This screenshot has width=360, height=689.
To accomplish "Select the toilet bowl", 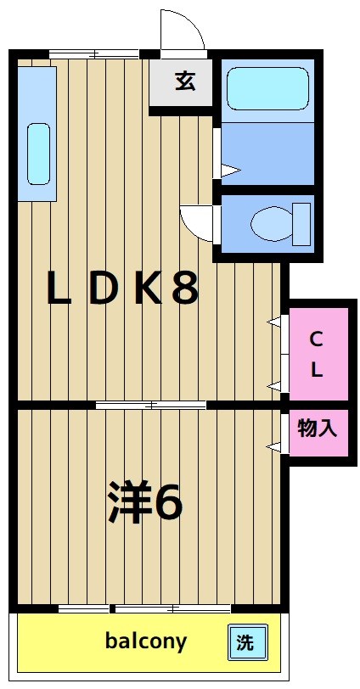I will point(270,224).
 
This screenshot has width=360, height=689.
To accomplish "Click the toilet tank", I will point(301,224).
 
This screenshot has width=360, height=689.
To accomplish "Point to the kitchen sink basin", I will point(38,154).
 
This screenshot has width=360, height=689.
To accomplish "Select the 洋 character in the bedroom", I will point(127,502).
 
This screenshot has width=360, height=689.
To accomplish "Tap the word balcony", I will point(146,641).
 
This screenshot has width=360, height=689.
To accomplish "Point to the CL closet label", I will point(316,355).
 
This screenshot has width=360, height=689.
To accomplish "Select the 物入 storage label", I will point(318,429).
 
